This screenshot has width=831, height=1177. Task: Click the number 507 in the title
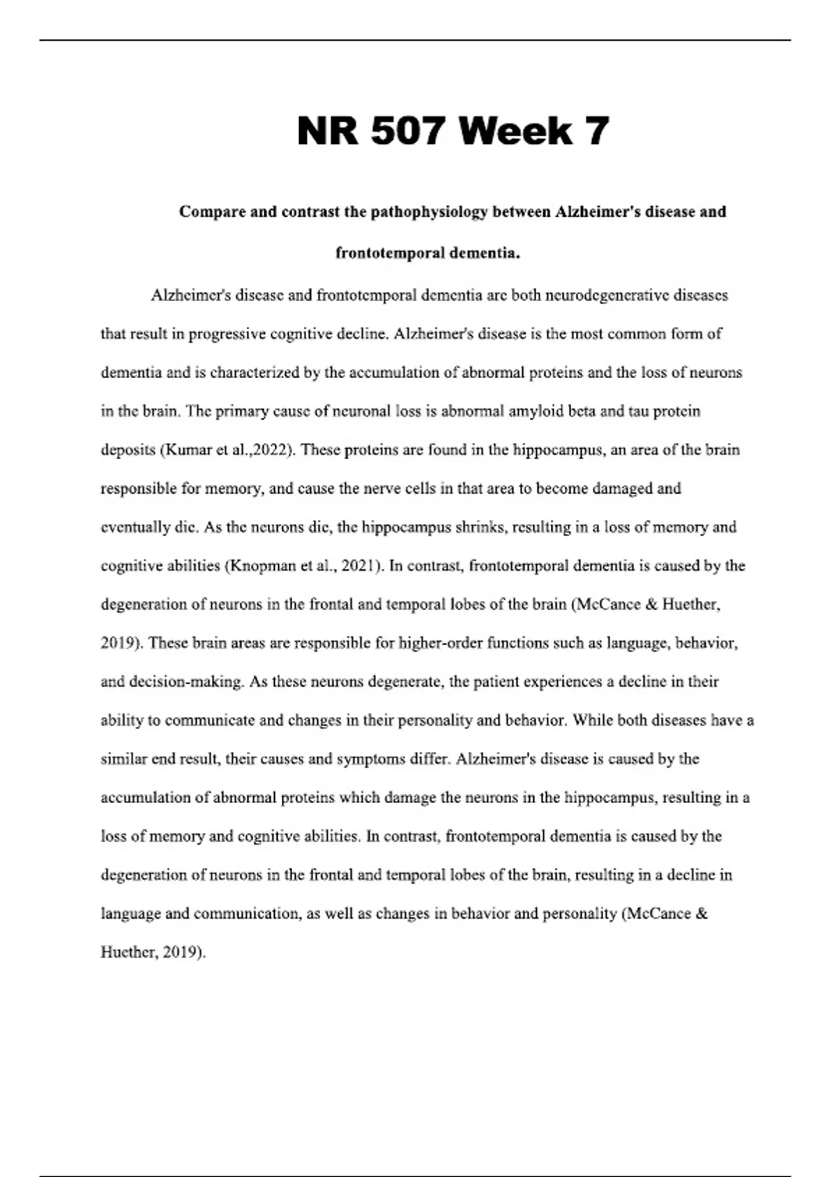406,131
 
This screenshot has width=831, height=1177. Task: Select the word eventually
135,528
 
